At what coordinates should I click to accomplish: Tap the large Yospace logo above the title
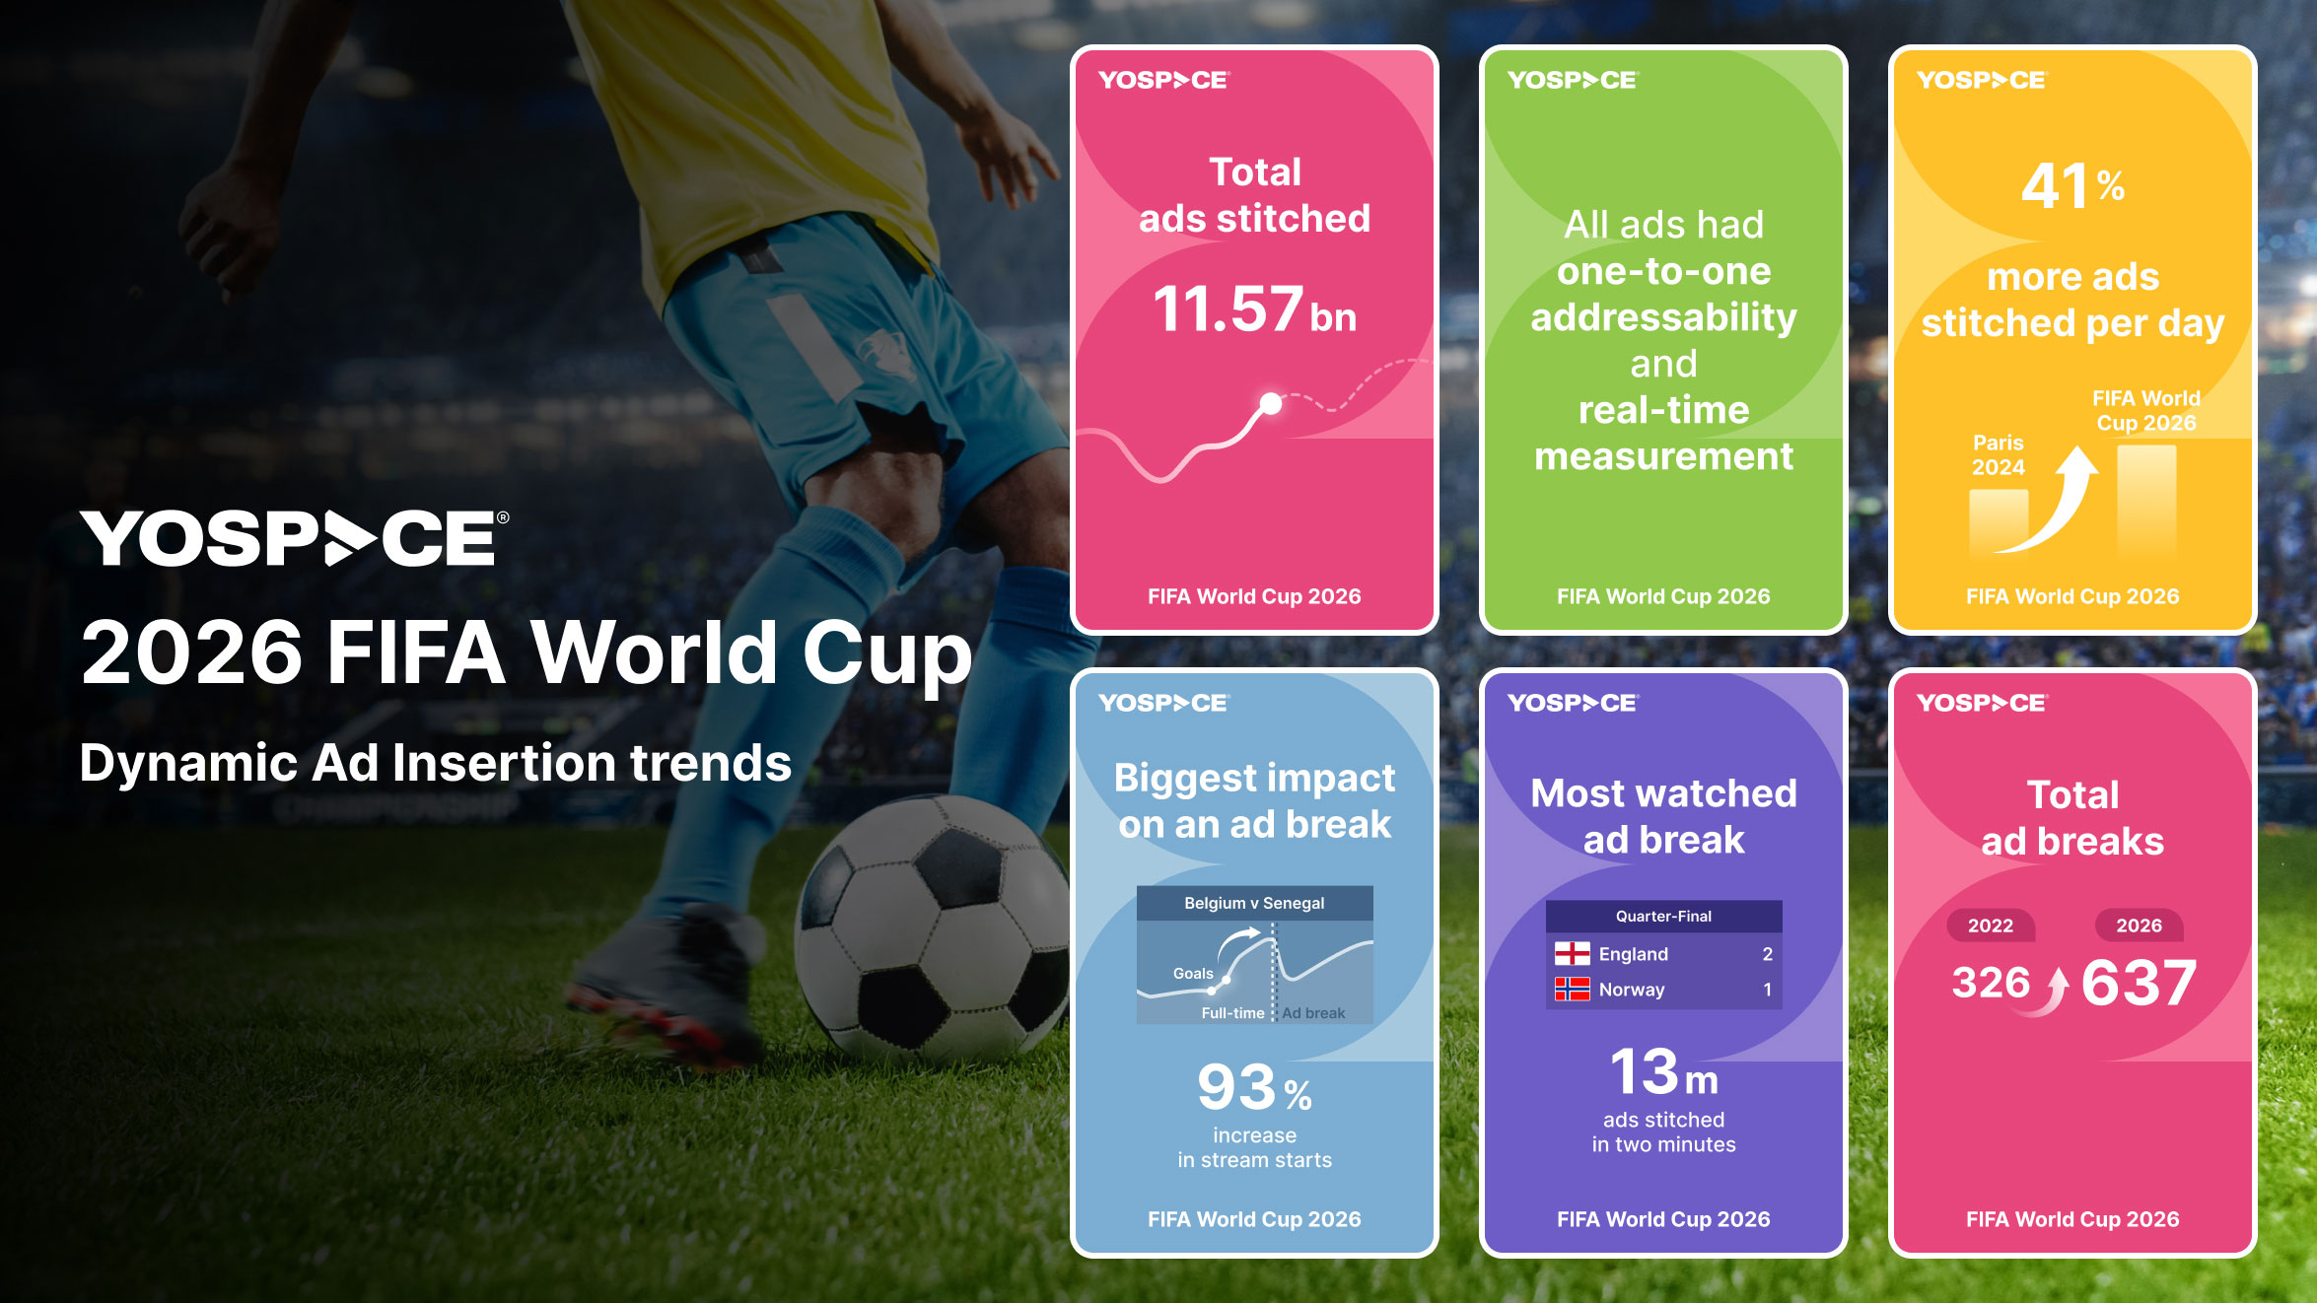(x=295, y=538)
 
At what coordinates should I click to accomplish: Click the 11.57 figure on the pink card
(x=1228, y=309)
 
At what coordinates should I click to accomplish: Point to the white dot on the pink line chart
(x=1271, y=403)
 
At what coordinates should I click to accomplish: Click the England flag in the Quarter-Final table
(x=1572, y=953)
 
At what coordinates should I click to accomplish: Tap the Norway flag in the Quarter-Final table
(x=1572, y=989)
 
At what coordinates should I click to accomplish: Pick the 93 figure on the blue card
(x=1236, y=1087)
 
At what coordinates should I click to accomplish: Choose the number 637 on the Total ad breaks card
(x=2139, y=983)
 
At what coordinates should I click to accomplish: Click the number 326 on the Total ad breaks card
(x=1991, y=983)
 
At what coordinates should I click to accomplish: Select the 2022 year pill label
(x=1991, y=926)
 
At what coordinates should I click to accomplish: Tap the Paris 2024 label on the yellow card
(x=1999, y=454)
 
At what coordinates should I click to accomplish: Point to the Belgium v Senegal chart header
(x=1254, y=903)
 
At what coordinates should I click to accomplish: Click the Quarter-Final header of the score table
(x=1663, y=916)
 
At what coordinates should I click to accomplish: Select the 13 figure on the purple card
(x=1644, y=1071)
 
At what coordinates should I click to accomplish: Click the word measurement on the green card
(x=1663, y=456)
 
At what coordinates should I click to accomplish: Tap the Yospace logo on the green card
(x=1572, y=80)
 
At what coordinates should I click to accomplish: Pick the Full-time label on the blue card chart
(x=1232, y=1013)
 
